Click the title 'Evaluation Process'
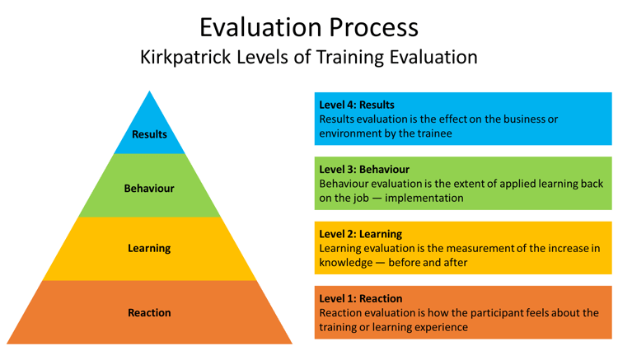click(309, 28)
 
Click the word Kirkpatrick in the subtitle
click(185, 57)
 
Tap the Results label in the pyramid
click(149, 134)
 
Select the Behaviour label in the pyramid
click(149, 189)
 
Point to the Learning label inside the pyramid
click(149, 249)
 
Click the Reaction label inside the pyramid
click(149, 313)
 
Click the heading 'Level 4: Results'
click(357, 105)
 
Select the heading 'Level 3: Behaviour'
click(364, 170)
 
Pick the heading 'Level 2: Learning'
click(361, 234)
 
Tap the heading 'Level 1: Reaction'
click(361, 298)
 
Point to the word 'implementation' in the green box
click(424, 198)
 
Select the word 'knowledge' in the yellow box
click(346, 263)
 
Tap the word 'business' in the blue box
click(517, 119)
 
